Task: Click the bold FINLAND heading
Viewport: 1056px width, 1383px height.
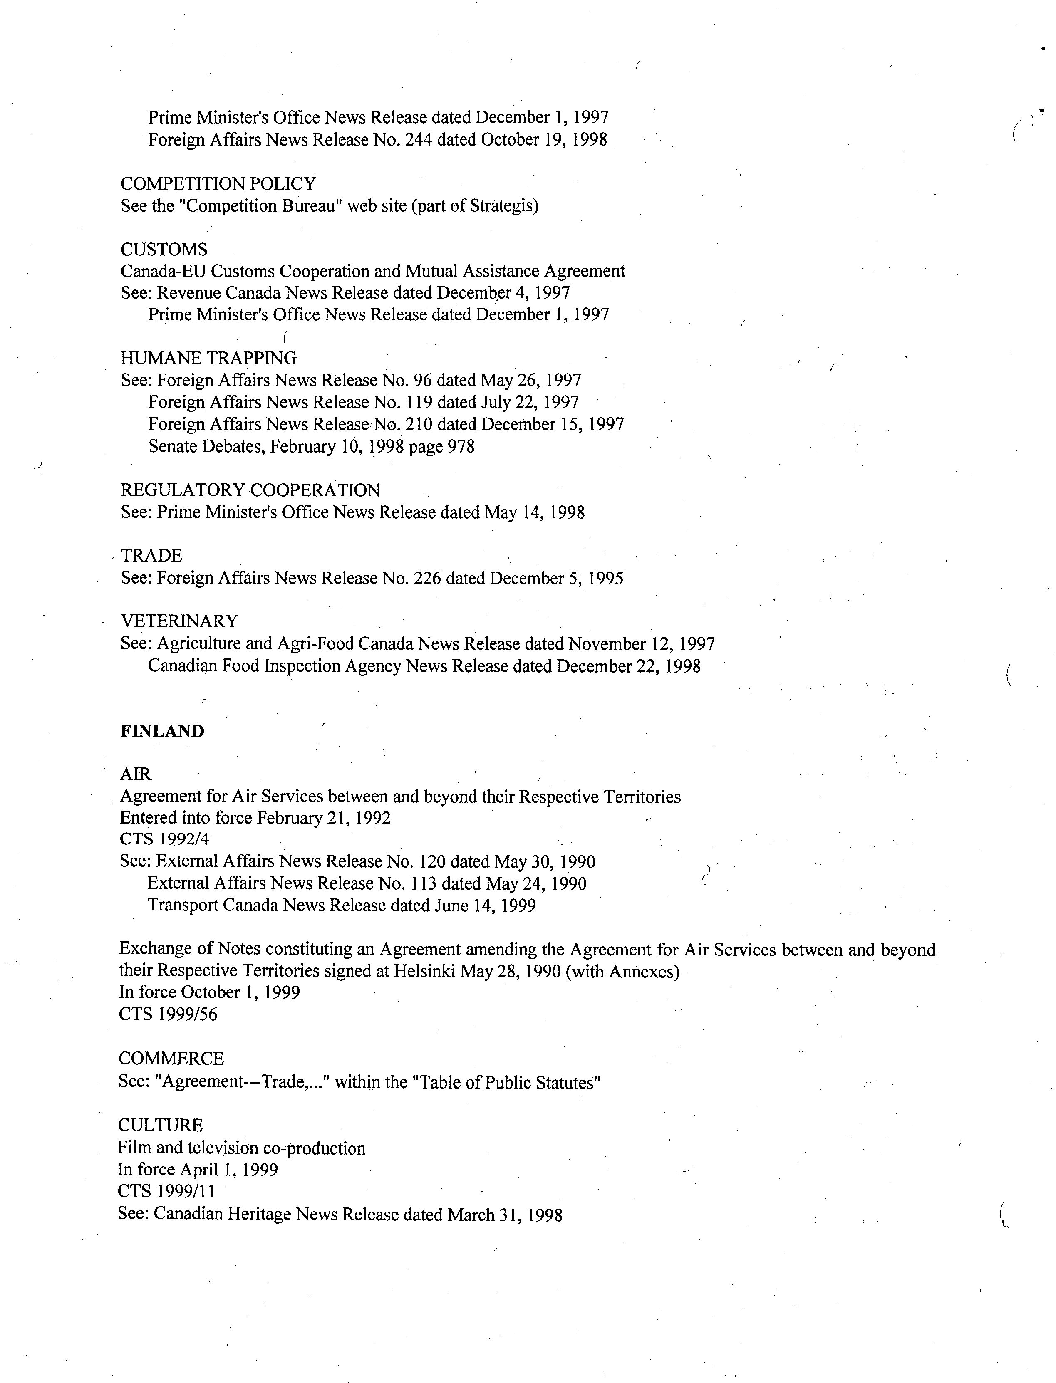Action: click(162, 731)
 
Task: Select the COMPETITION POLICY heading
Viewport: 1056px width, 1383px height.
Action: click(218, 184)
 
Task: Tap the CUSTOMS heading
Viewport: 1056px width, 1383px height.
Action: click(164, 250)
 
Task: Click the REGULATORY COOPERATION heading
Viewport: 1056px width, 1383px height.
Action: click(250, 490)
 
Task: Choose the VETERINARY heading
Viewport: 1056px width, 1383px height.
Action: click(180, 621)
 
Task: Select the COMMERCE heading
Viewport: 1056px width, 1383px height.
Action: click(171, 1059)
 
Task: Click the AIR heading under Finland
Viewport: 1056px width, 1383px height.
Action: click(136, 774)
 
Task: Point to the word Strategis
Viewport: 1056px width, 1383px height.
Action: click(501, 206)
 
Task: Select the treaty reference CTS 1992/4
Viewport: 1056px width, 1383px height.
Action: click(165, 839)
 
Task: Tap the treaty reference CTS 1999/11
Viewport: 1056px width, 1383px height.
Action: click(166, 1191)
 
